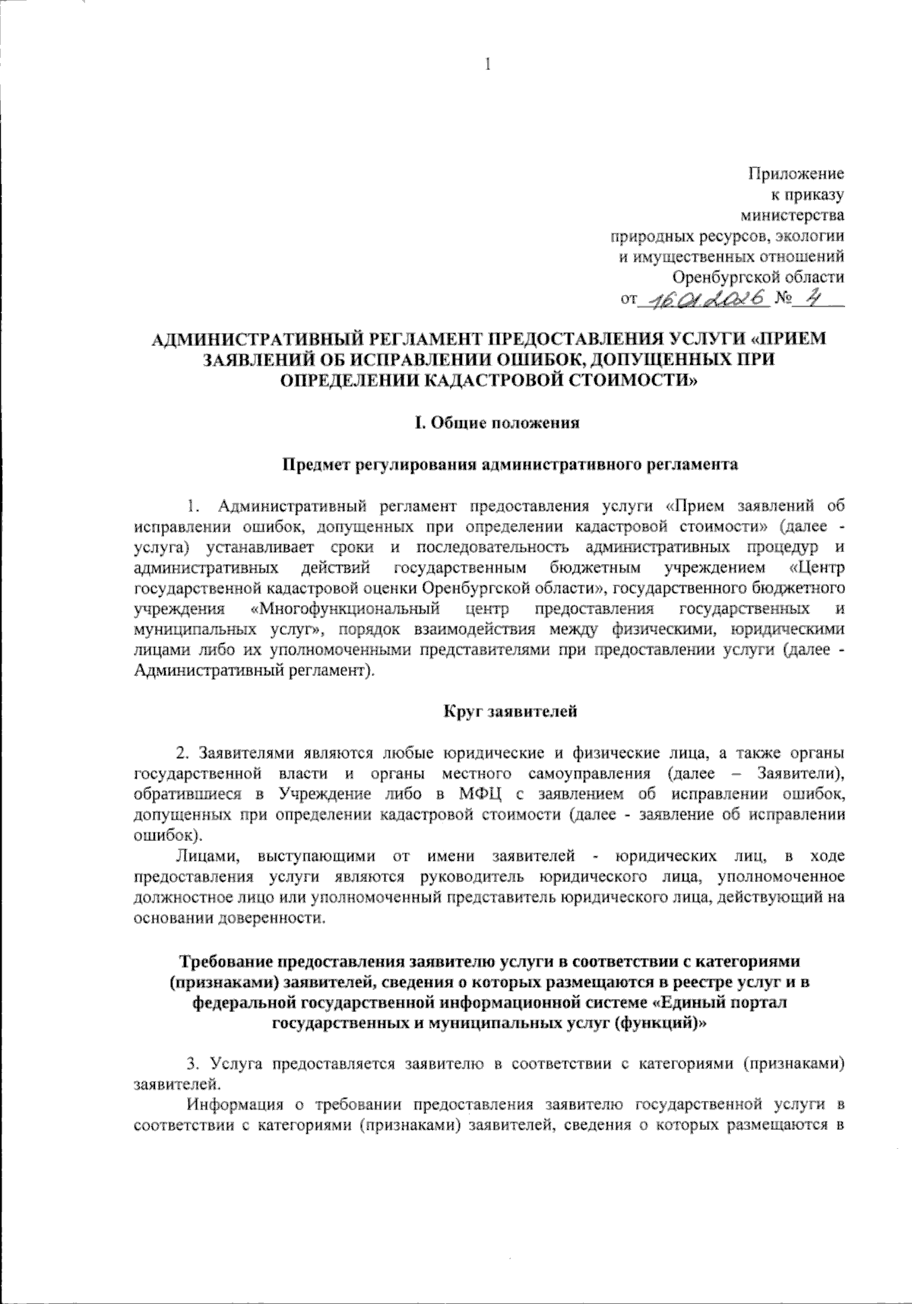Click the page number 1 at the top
coord(487,65)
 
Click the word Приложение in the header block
coord(797,174)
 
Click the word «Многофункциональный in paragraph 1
coord(346,609)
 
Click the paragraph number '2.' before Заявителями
coord(182,753)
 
